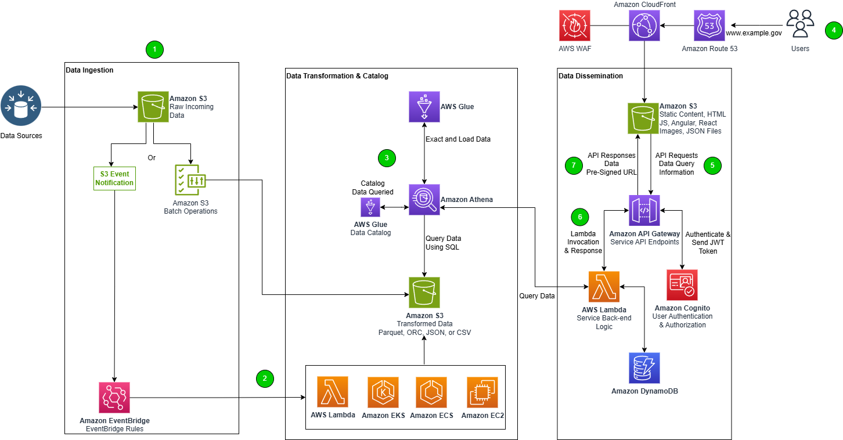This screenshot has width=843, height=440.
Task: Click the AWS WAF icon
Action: (575, 26)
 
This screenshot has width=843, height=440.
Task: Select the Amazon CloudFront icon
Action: (644, 26)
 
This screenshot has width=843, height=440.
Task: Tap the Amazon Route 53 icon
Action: (709, 26)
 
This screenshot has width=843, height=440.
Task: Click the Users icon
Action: (800, 23)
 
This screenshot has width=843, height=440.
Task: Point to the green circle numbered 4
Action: (834, 30)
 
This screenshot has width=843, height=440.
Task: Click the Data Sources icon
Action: (21, 106)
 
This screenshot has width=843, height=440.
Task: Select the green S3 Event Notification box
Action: (114, 178)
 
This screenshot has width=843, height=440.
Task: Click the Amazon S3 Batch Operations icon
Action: (190, 180)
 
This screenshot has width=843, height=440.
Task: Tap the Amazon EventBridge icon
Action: (114, 398)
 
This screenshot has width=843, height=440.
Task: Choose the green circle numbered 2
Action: (265, 378)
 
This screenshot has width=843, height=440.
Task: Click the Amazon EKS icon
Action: (383, 392)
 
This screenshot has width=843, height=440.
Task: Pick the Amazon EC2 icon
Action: (482, 392)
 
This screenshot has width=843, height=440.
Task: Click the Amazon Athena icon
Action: (424, 200)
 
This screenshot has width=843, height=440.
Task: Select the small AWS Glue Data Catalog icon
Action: (370, 207)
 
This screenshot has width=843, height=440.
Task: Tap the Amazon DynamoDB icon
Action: (644, 368)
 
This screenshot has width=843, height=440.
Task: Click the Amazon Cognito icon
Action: (682, 285)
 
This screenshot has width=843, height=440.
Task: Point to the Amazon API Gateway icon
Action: (644, 210)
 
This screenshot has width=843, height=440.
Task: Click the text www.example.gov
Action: (754, 33)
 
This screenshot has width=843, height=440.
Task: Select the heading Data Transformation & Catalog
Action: (337, 75)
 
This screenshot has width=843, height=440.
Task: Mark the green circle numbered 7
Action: (574, 165)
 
